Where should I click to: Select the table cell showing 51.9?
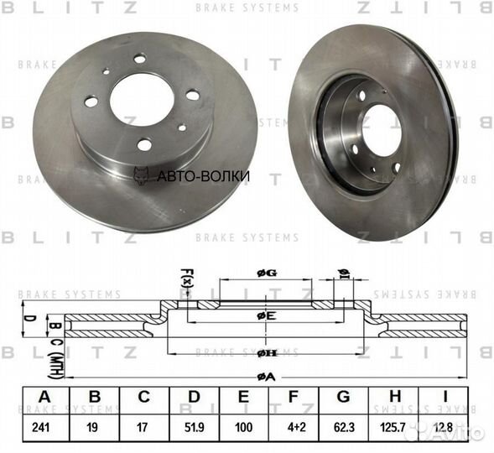click(195, 426)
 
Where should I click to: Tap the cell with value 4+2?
click(295, 426)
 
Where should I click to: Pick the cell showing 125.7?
click(396, 426)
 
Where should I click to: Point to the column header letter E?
click(245, 396)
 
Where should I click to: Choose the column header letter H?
click(396, 396)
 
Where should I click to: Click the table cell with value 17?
click(144, 426)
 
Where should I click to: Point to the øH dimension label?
click(267, 353)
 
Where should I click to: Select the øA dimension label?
click(267, 377)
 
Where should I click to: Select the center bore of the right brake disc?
click(382, 129)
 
